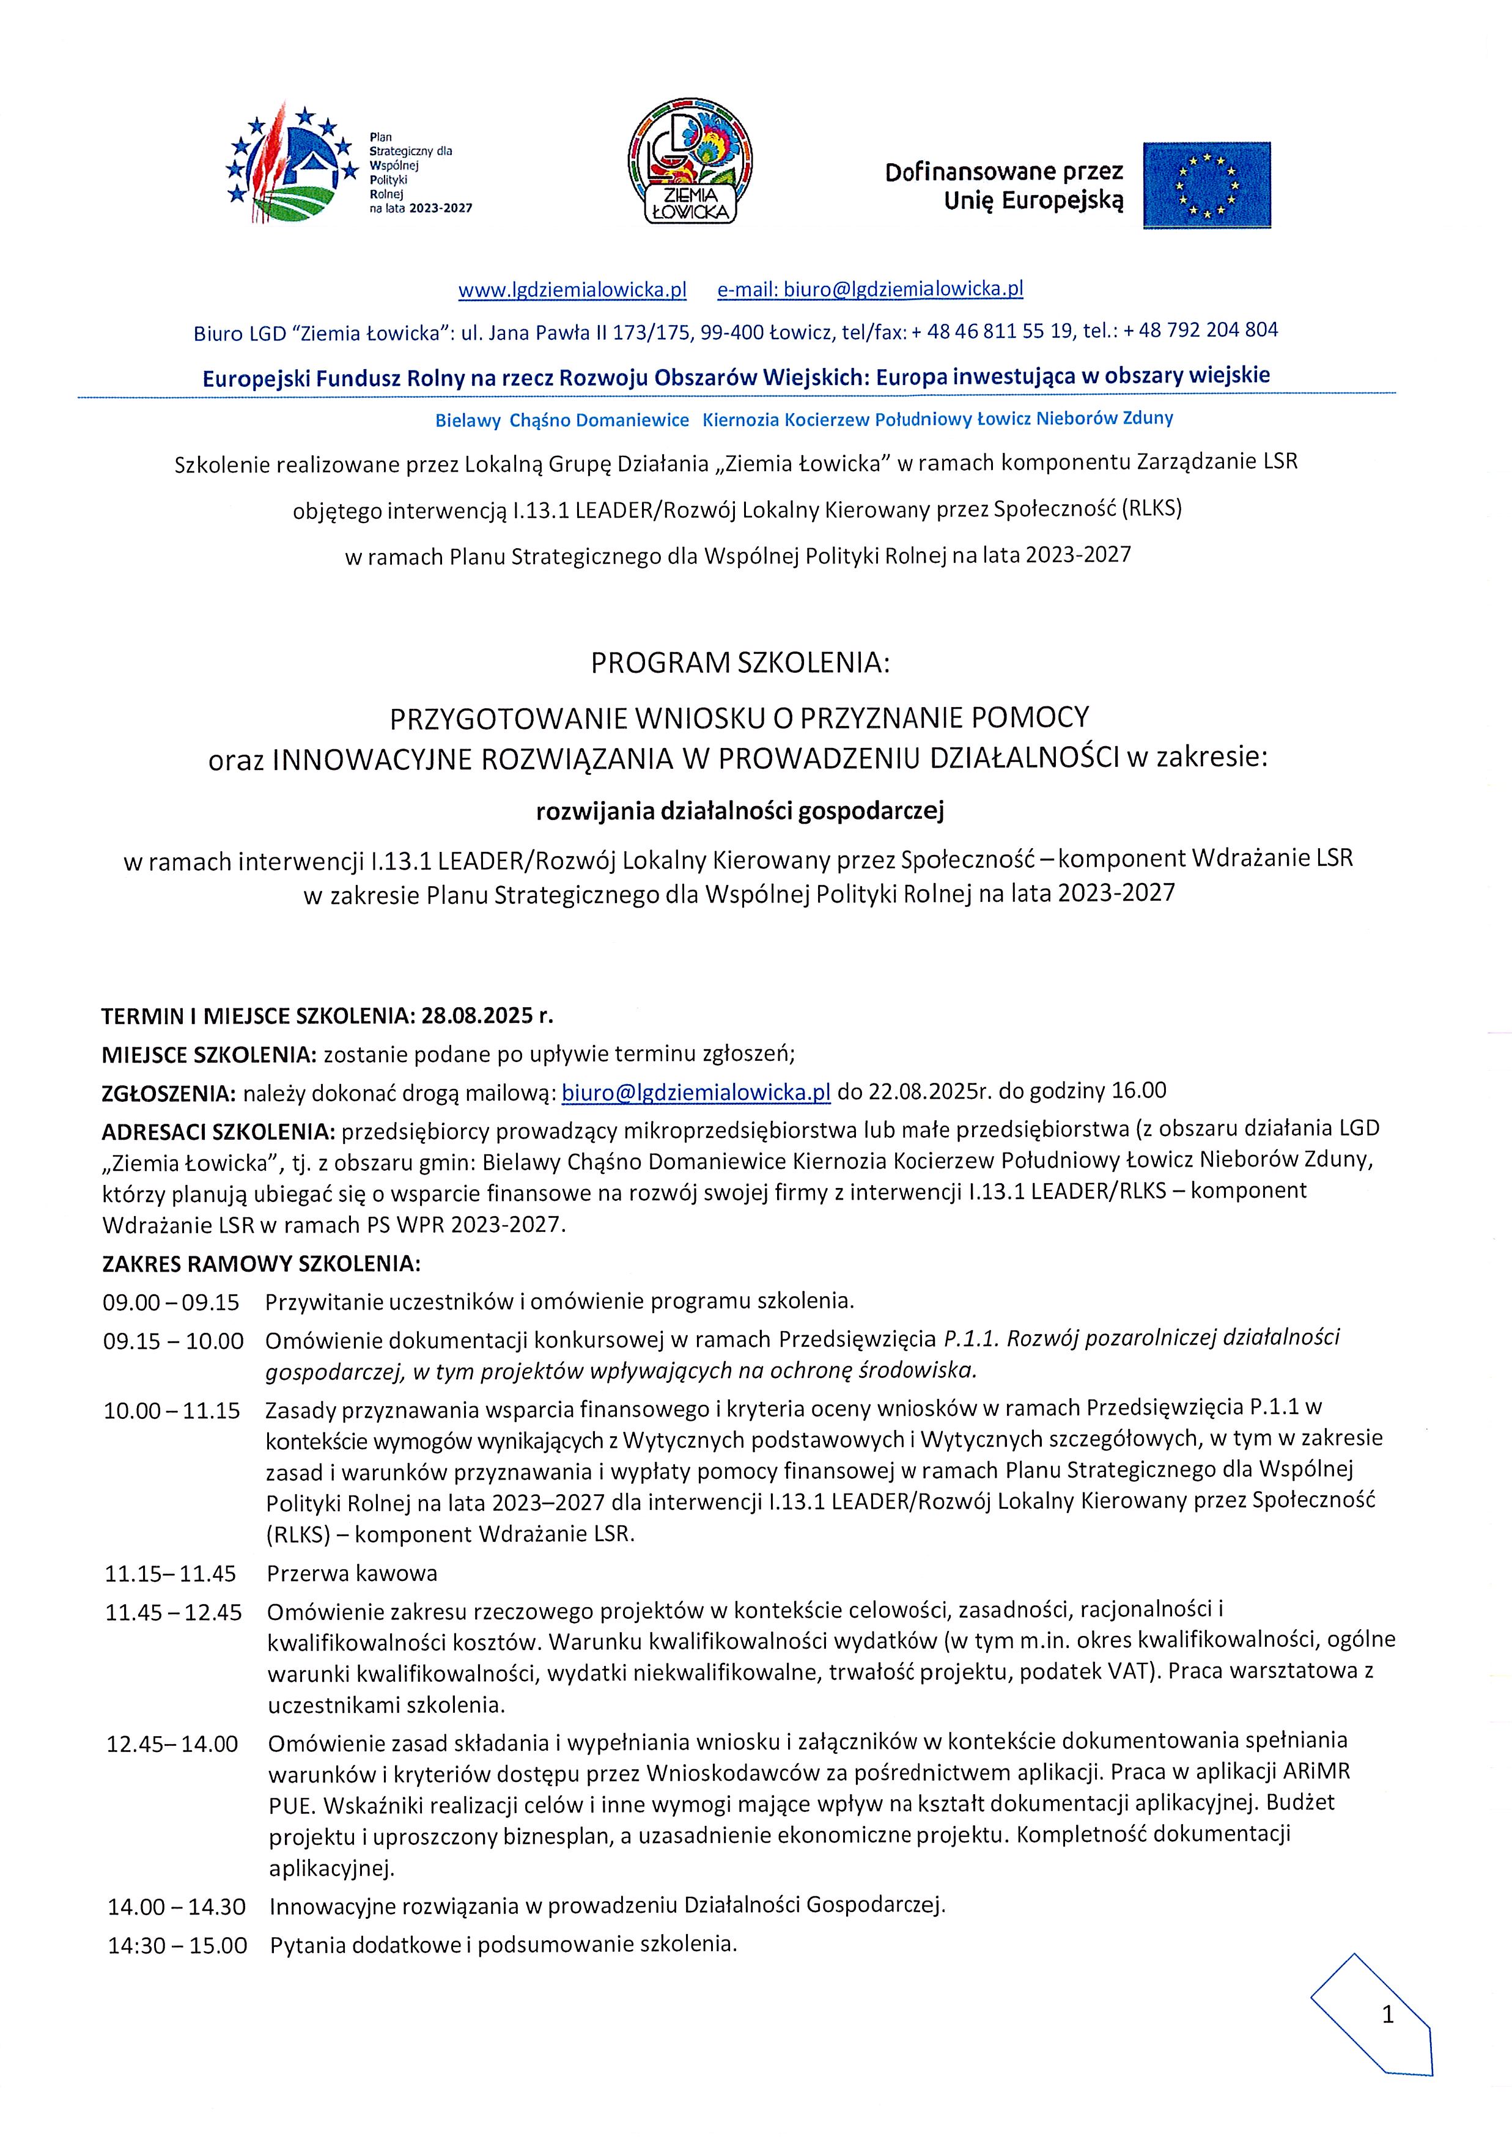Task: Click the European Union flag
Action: point(1207,185)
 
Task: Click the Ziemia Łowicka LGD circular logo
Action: point(691,162)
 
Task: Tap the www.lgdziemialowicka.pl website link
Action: point(572,290)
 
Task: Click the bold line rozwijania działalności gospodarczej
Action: point(740,812)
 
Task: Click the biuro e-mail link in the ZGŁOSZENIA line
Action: point(696,1091)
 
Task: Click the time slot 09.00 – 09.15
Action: point(171,1301)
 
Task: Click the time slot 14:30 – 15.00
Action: point(178,1945)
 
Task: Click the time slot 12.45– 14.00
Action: point(172,1743)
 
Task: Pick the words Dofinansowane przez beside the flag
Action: point(1004,172)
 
